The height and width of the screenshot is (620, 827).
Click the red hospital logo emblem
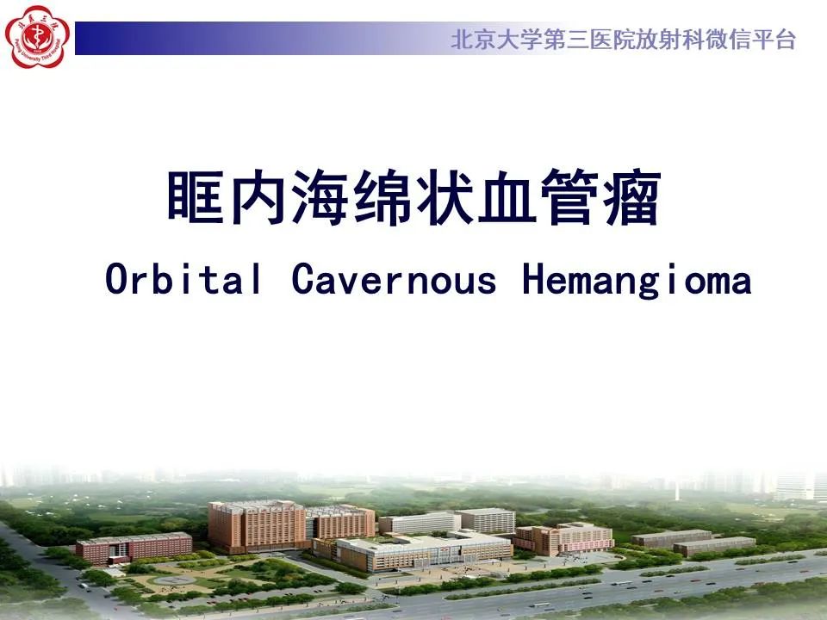click(x=36, y=35)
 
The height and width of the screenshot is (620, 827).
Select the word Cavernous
click(x=394, y=280)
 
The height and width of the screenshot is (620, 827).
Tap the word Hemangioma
click(x=637, y=280)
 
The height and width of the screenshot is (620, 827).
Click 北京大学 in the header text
click(x=488, y=40)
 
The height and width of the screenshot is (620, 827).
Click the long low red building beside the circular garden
click(x=134, y=547)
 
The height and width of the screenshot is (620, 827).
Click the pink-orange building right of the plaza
click(x=564, y=538)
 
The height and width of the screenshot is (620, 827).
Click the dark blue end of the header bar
click(x=95, y=39)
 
